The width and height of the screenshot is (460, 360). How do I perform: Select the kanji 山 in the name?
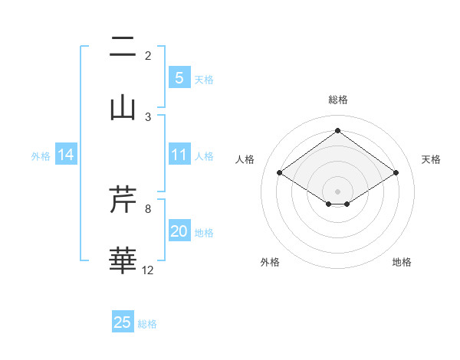point(123,106)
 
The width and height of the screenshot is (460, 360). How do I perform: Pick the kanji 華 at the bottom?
point(123,260)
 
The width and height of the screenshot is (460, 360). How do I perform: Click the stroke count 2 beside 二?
point(148,55)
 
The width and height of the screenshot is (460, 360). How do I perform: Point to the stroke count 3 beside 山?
point(148,116)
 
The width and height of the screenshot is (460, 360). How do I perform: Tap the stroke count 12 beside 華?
point(148,270)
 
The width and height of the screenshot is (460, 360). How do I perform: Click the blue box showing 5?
point(179,77)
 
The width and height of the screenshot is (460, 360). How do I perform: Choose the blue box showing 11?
point(179,155)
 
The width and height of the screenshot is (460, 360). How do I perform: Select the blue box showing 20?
point(179,231)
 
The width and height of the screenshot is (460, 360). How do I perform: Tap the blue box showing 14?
point(66,155)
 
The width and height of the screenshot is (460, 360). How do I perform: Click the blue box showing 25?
point(123,322)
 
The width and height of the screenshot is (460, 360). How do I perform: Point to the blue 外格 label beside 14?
point(41,155)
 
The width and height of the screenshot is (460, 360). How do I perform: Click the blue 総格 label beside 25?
point(147,324)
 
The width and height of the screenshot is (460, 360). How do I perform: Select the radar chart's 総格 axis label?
point(338,100)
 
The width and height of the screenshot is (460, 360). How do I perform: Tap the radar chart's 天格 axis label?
point(431,159)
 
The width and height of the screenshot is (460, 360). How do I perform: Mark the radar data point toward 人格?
point(280,173)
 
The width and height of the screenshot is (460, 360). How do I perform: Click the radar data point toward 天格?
point(396,173)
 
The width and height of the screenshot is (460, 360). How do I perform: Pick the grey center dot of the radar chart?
point(338,190)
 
